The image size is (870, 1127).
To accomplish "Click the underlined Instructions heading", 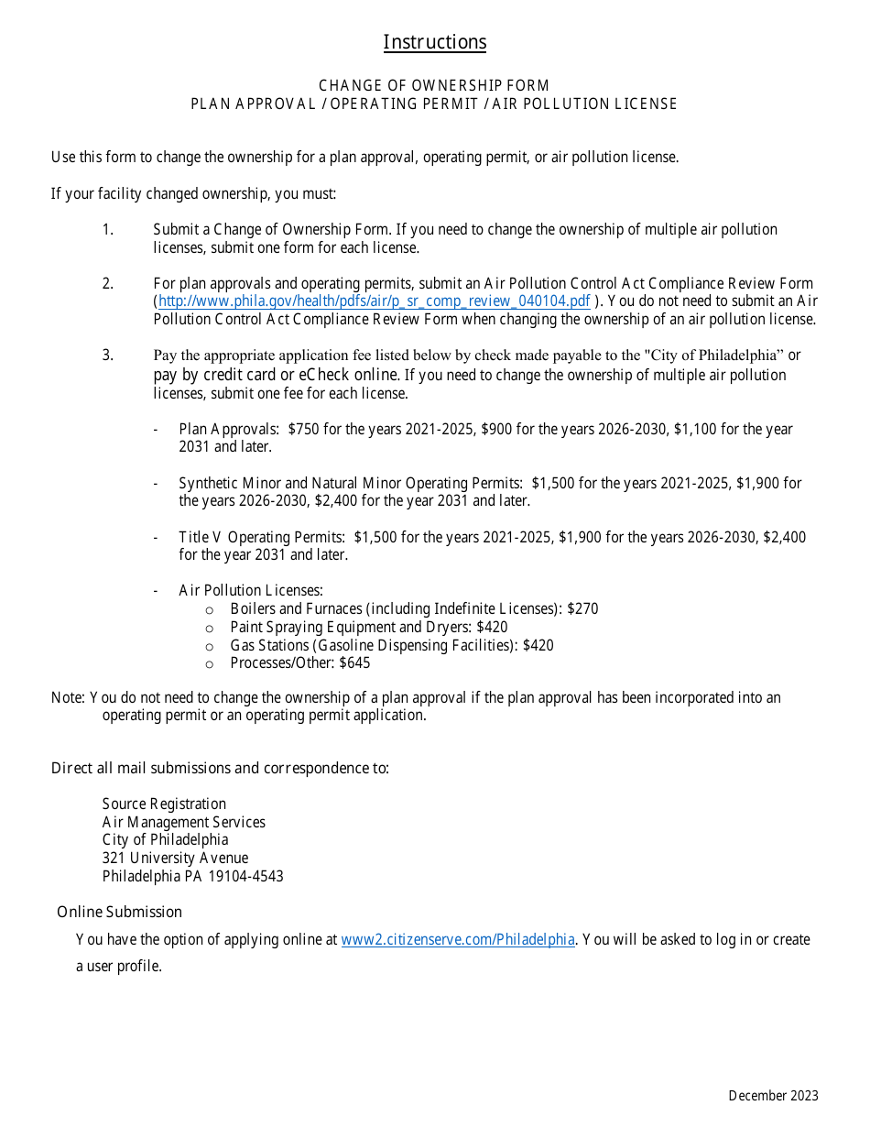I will (x=434, y=42).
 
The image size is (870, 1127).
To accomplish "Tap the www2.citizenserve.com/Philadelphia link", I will (x=458, y=939).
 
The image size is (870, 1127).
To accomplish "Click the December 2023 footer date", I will (x=773, y=1096).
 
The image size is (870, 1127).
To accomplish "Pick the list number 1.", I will (x=107, y=229).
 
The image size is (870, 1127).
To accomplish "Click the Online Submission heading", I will (x=119, y=912).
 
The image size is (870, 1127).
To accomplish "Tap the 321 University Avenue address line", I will (x=175, y=858).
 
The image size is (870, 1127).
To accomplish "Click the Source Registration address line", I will (x=164, y=804).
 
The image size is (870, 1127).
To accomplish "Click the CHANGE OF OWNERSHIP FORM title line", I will (x=434, y=85).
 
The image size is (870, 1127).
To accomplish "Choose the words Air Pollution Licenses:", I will (x=251, y=591).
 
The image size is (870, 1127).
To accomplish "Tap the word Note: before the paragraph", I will (x=68, y=697).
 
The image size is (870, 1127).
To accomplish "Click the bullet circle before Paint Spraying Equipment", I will (x=209, y=628).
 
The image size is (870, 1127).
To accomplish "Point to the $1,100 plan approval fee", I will (x=697, y=429).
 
